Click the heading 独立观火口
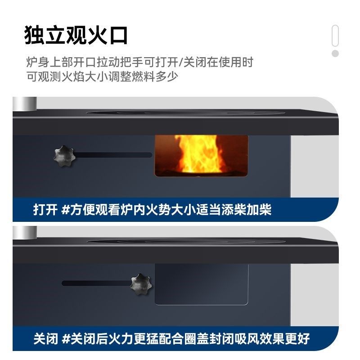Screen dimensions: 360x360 (76, 35)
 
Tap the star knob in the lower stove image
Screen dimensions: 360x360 (141, 283)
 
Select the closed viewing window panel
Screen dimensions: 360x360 (202, 283)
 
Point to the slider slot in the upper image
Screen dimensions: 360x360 (112, 155)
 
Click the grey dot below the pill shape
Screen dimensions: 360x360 (335, 54)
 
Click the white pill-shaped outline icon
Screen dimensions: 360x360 (335, 36)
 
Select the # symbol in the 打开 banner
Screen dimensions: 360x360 (65, 210)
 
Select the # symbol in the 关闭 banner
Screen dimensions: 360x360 (65, 338)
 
